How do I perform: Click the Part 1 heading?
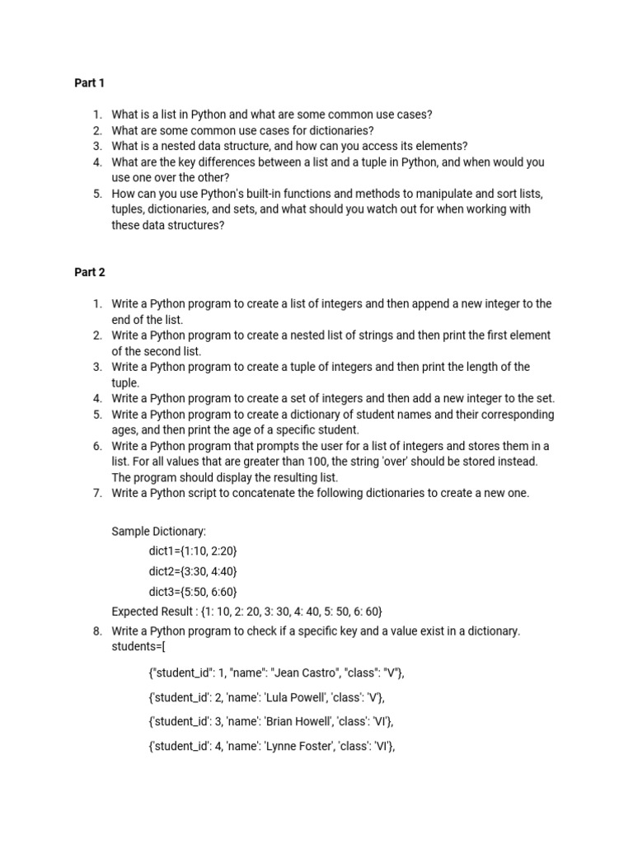click(90, 83)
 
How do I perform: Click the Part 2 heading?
click(90, 272)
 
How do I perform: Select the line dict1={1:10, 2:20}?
click(192, 551)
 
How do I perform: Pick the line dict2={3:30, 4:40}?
click(193, 571)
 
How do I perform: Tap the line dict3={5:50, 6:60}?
click(193, 592)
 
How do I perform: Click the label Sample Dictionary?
click(159, 531)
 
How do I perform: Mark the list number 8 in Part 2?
click(97, 631)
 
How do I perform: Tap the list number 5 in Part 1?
click(97, 194)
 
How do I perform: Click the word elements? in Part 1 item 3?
click(441, 146)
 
